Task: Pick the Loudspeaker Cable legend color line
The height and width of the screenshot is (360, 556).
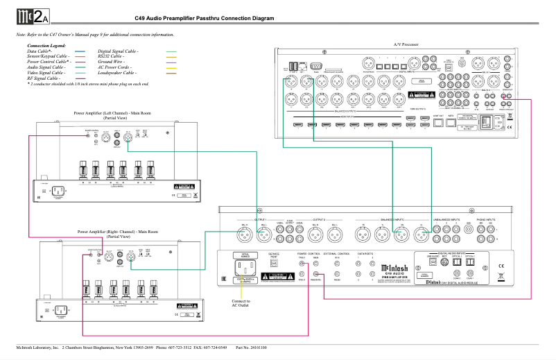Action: (171, 72)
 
